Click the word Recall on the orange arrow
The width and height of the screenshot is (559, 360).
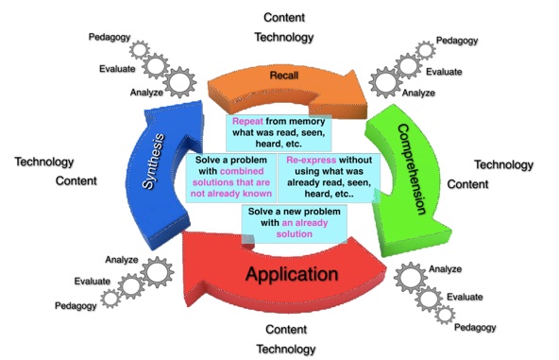tap(284, 76)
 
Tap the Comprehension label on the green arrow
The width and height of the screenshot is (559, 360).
tap(411, 169)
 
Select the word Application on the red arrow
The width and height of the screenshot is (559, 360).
tap(292, 274)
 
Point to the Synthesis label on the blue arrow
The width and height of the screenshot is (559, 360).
tap(153, 161)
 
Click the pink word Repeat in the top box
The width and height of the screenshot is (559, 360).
tap(247, 121)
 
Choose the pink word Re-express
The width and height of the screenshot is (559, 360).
tap(312, 160)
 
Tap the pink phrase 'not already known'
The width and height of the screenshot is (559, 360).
tap(231, 194)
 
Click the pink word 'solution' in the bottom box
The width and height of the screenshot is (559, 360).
tap(294, 234)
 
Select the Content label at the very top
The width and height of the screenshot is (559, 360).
tap(284, 18)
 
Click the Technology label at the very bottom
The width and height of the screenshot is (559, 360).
tap(286, 349)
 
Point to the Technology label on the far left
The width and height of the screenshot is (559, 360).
tap(44, 162)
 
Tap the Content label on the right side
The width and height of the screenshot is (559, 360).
tap(467, 184)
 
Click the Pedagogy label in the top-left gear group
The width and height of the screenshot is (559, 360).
tap(110, 37)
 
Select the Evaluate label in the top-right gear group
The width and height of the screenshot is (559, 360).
tap(444, 72)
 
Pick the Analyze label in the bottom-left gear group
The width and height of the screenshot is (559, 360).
tap(122, 260)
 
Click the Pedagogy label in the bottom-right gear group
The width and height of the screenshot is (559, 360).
tap(475, 327)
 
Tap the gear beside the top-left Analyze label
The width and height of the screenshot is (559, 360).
tap(180, 82)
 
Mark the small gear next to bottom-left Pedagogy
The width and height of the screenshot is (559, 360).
tap(110, 299)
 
